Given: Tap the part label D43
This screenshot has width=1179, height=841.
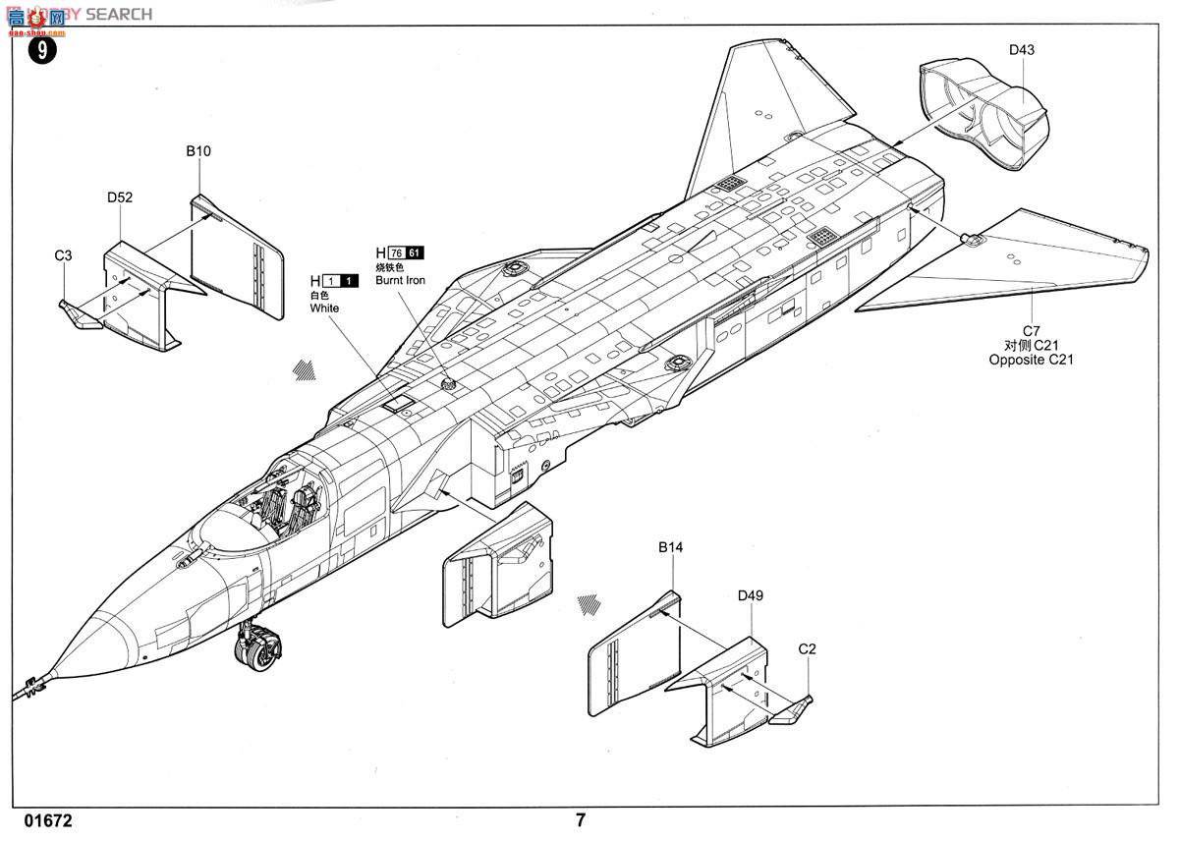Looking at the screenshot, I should (1021, 50).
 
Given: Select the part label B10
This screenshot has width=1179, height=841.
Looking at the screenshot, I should (198, 151).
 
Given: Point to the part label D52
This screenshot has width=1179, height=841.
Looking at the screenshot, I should (120, 196).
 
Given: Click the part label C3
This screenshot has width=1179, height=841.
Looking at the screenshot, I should (63, 255).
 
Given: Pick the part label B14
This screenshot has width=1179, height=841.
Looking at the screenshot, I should (670, 546).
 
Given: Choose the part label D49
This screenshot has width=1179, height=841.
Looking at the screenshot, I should (751, 594).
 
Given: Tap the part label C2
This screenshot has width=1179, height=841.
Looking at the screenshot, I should (807, 648).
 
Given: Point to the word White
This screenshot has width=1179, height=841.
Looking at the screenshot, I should (324, 308).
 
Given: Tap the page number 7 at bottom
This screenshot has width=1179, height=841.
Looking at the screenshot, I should (581, 820).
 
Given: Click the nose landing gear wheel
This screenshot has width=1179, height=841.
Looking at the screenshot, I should (260, 652).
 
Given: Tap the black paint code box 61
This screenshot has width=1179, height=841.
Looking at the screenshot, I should (416, 252).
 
